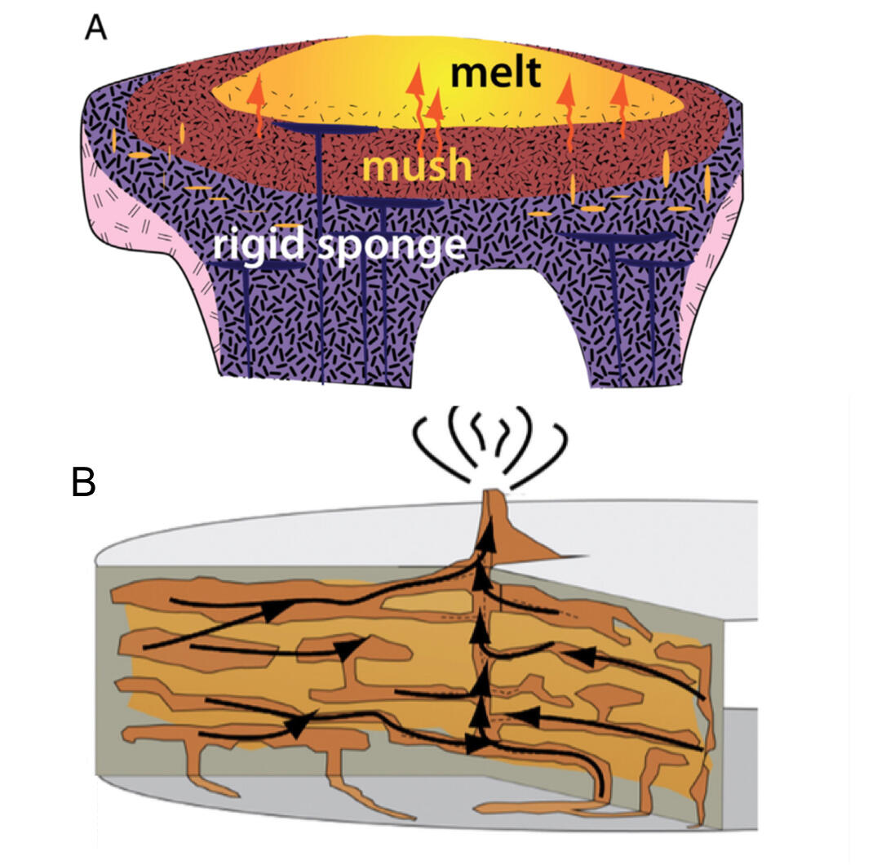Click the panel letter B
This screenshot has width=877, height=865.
pyautogui.click(x=85, y=482)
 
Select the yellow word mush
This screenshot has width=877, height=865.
pyautogui.click(x=417, y=166)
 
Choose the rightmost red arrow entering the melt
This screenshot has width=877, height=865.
pyautogui.click(x=622, y=99)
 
